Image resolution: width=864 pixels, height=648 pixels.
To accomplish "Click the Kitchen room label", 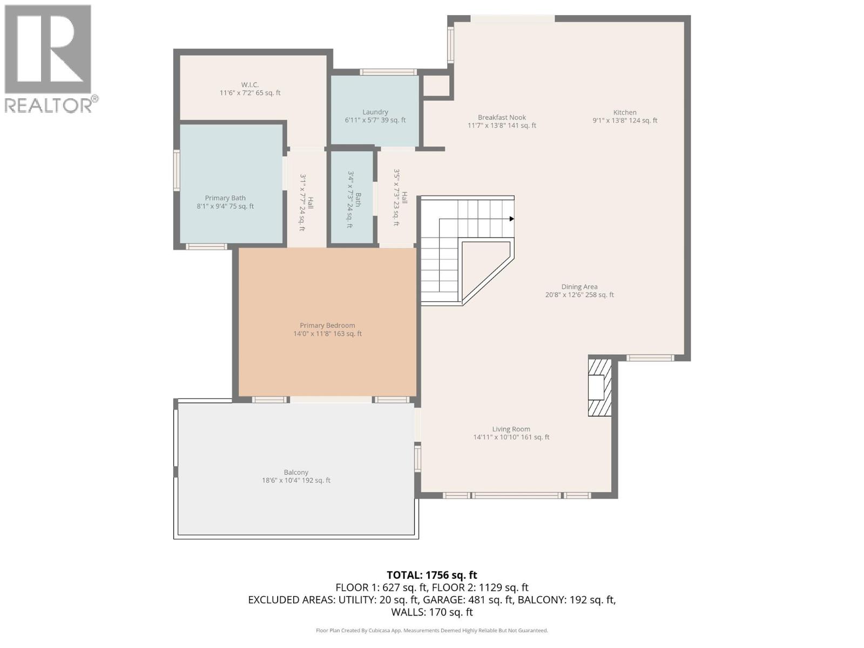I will point(625,113).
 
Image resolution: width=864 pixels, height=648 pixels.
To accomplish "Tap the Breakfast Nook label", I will point(502,118).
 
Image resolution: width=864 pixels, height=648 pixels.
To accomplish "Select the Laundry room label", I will point(375,112).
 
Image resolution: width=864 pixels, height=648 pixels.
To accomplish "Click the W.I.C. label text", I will point(250,85).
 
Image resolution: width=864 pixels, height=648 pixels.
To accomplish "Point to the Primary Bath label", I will point(225,198).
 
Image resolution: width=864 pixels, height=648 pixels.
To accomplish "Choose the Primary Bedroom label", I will point(327,326).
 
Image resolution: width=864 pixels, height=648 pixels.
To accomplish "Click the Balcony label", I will point(296,473).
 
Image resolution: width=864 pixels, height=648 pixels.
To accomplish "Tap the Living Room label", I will point(511,429).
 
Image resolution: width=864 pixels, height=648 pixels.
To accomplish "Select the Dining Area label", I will point(579,287).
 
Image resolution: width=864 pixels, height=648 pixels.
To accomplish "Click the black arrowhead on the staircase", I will point(511,219).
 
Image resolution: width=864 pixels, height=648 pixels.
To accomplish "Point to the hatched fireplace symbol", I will point(599,387).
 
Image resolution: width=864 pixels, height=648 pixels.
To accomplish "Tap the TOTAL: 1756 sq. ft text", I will point(431,575).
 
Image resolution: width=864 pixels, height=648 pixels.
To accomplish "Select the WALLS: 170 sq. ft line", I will point(431,612).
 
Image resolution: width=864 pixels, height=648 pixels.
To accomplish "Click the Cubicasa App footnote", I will point(431,630).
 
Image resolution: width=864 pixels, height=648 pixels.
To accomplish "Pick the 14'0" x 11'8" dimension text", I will point(327,334).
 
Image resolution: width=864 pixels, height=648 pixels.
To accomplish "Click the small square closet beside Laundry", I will point(436,85).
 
